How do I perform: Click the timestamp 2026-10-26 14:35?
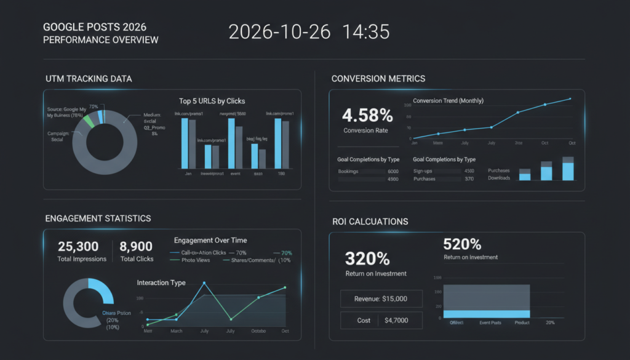[309, 32]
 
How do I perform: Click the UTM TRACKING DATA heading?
[89, 79]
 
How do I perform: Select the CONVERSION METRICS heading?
[378, 79]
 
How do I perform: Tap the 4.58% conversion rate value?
[367, 115]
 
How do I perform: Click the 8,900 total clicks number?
[136, 246]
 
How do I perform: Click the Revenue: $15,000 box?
[381, 298]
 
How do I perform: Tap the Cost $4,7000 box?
[381, 320]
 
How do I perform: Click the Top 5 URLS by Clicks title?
[212, 101]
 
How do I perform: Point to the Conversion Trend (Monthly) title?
[448, 100]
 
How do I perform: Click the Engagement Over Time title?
[210, 240]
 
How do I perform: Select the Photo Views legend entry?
[196, 260]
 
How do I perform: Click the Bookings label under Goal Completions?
[348, 171]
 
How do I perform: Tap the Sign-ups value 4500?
[469, 171]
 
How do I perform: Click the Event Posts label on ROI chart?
[491, 322]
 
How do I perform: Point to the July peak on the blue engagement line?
[204, 283]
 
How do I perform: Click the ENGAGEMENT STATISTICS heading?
[98, 218]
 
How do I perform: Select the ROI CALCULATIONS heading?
[369, 222]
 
